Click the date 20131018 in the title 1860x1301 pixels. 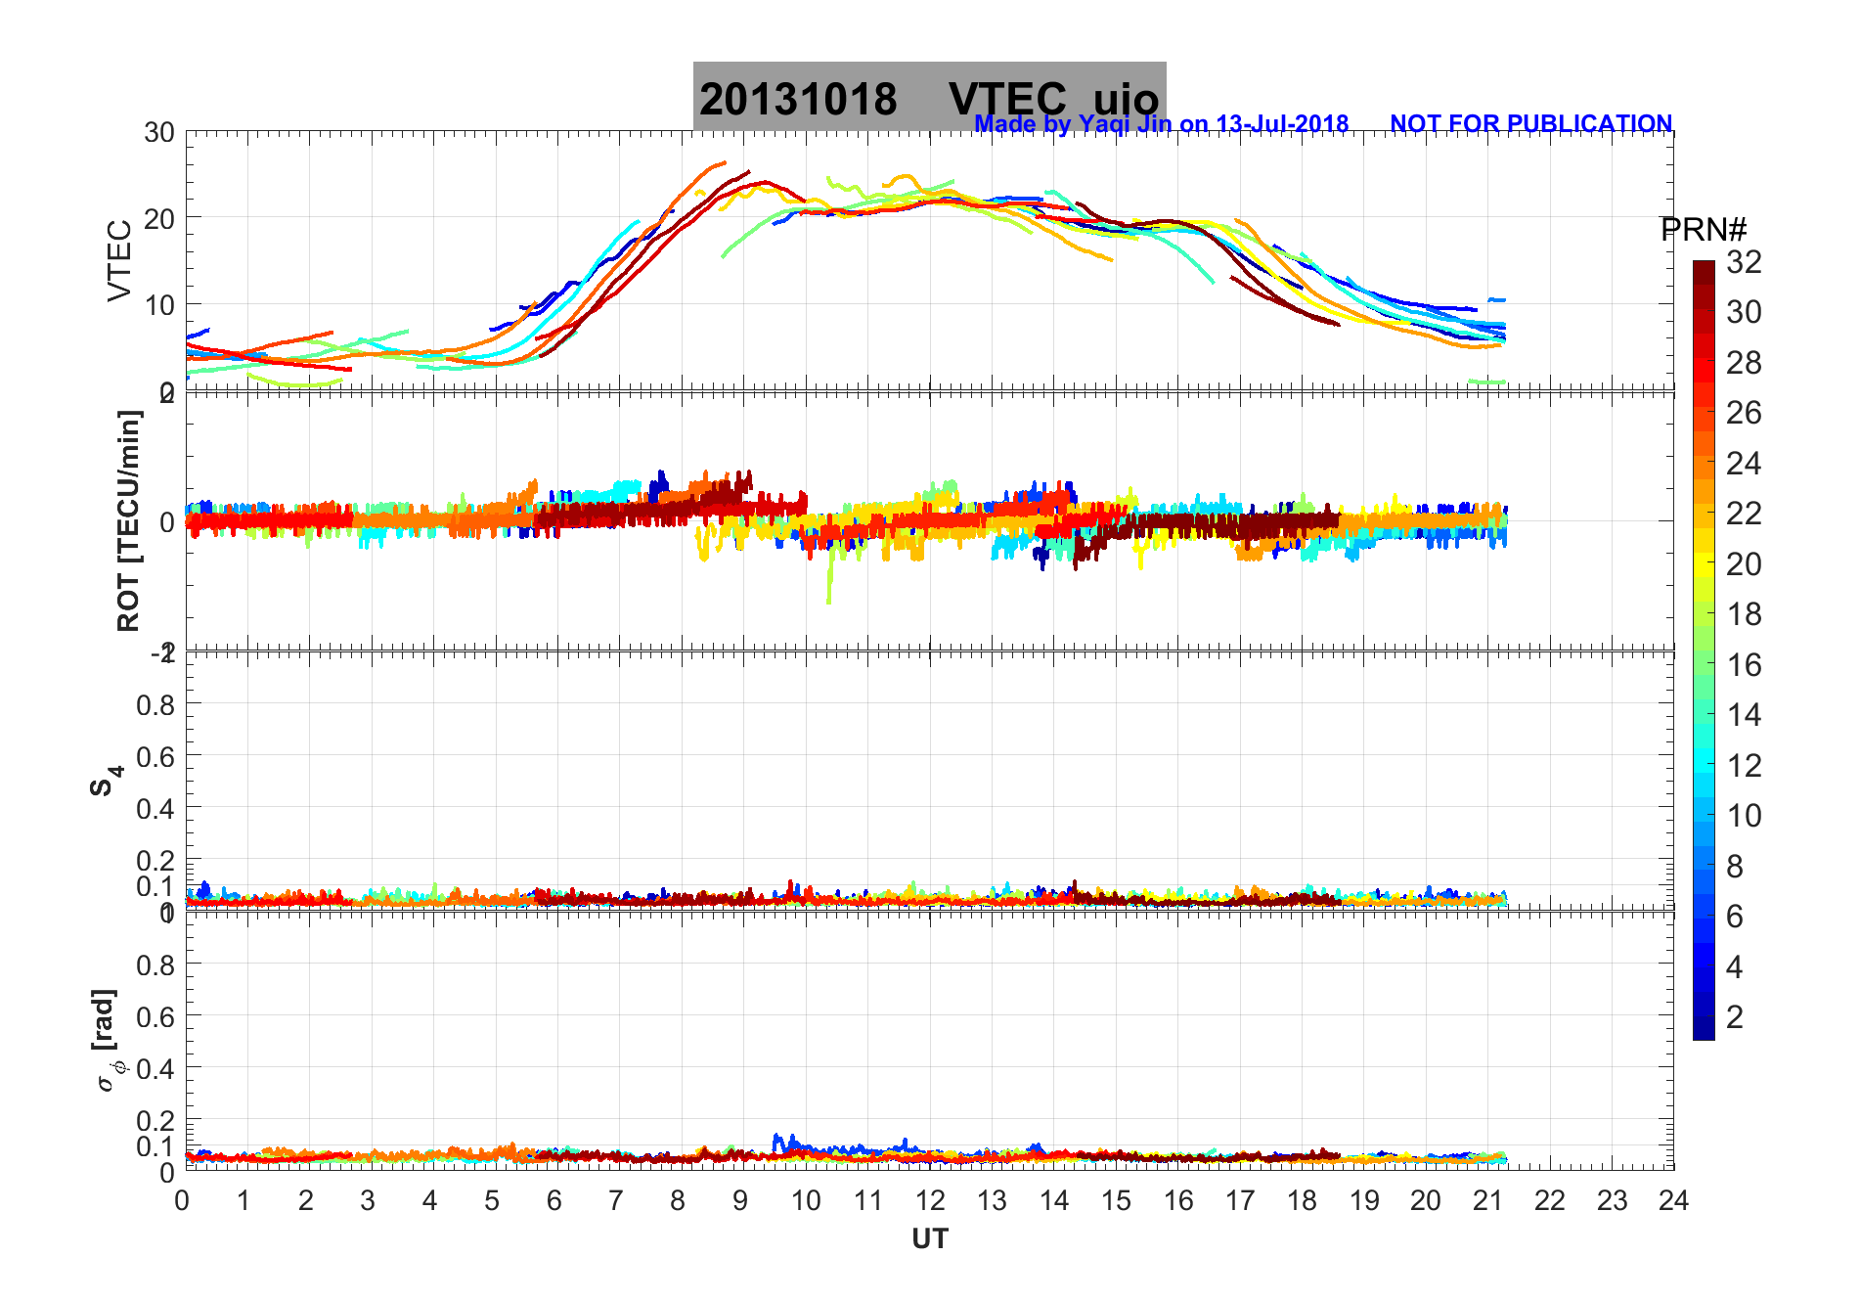tap(798, 100)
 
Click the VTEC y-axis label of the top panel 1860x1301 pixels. tap(119, 260)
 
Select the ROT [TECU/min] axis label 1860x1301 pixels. tap(128, 520)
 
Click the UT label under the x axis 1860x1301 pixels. tap(930, 1239)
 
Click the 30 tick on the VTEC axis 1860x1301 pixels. tap(159, 133)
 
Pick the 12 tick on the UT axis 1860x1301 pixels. tap(930, 1200)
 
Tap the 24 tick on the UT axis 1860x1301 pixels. tap(1673, 1200)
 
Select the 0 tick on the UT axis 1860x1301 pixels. tap(183, 1200)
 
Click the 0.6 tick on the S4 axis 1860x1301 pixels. tap(155, 756)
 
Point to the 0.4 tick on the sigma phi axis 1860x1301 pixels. tap(155, 1068)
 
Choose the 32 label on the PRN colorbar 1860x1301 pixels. tap(1744, 262)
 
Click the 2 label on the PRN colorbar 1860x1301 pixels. tap(1735, 1017)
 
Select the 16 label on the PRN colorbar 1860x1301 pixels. tap(1744, 665)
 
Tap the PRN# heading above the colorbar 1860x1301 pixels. tap(1704, 230)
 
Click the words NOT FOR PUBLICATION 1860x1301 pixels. tap(1530, 124)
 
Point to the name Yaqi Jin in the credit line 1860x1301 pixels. tap(1125, 124)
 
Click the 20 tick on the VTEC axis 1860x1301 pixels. tap(159, 218)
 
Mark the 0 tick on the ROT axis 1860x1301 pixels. tap(166, 521)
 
